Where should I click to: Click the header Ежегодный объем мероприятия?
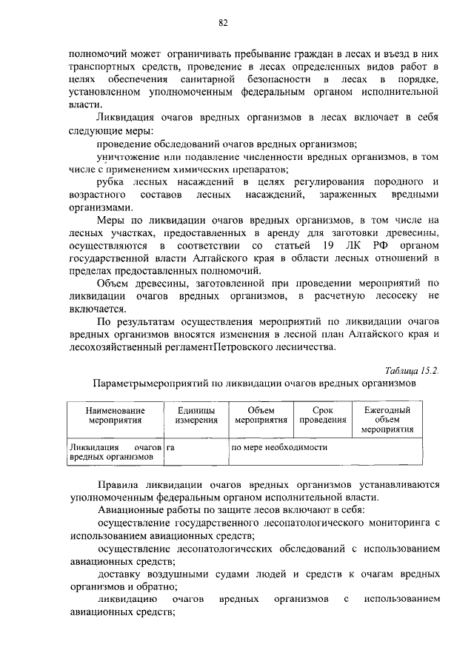387,420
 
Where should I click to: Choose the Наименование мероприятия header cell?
114,415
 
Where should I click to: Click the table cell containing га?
170,447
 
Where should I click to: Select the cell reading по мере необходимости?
279,447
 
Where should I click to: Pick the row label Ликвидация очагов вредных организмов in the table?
114,452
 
